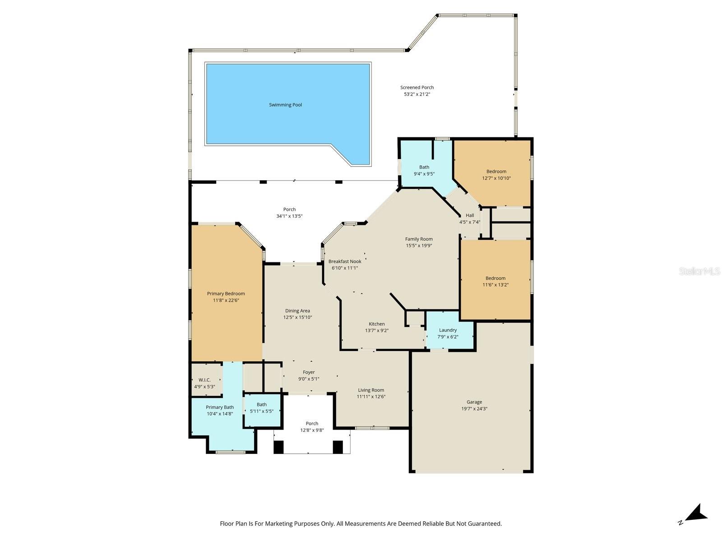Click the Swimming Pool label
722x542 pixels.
[x=285, y=105]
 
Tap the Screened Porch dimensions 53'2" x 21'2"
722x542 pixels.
[x=417, y=94]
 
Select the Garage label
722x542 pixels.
[x=474, y=402]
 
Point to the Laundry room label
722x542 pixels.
[x=448, y=330]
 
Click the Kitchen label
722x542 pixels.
[x=377, y=324]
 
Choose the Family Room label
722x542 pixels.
[x=419, y=239]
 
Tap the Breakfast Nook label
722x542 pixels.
[x=345, y=262]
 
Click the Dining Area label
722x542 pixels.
[x=297, y=311]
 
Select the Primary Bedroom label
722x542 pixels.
[x=226, y=294]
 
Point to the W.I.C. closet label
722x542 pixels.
[x=204, y=380]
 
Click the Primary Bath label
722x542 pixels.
[x=220, y=407]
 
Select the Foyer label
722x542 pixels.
[x=309, y=372]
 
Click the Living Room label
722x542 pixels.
[x=371, y=390]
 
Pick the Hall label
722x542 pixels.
[x=470, y=215]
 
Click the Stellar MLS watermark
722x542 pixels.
[x=699, y=271]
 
